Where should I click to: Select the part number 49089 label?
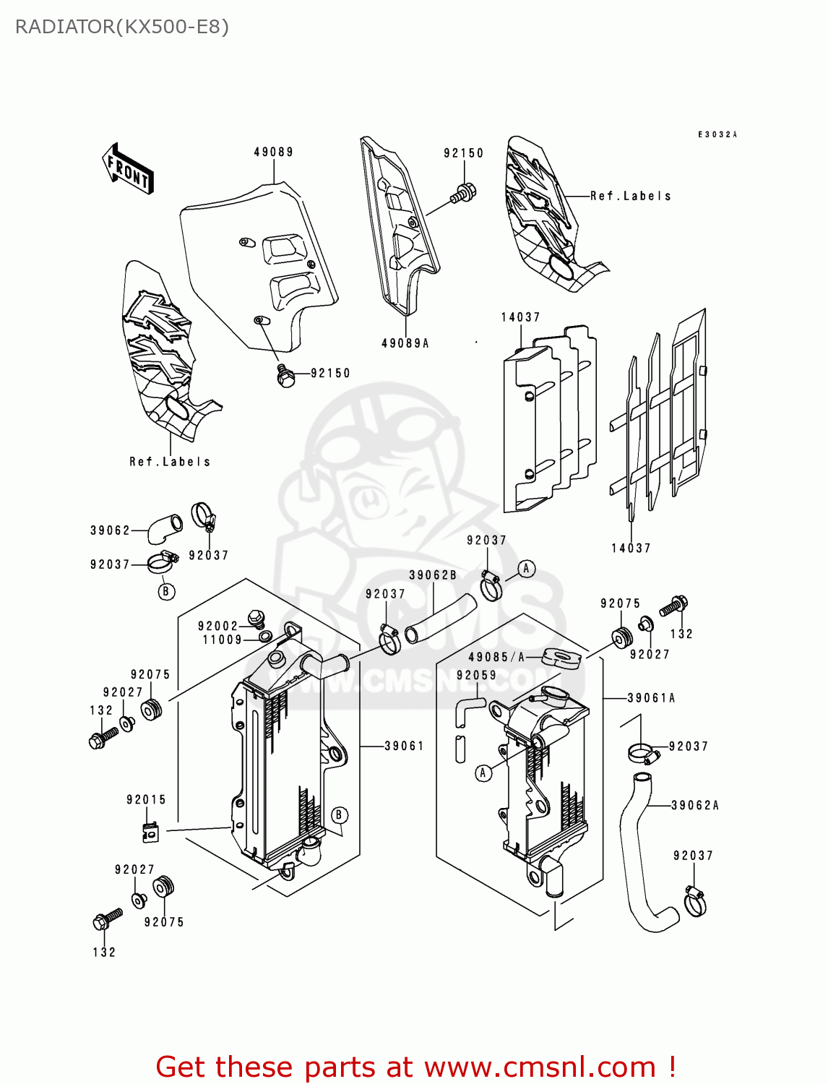(x=273, y=152)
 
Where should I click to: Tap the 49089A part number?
(x=405, y=343)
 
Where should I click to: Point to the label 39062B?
(x=433, y=575)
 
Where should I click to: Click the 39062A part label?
(x=694, y=805)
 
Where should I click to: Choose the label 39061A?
(x=651, y=698)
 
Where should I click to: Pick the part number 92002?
(x=217, y=626)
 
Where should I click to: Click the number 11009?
(x=222, y=640)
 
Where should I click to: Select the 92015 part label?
(x=146, y=799)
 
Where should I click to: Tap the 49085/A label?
(x=497, y=657)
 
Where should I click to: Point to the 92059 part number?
(x=476, y=675)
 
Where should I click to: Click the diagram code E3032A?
(x=717, y=134)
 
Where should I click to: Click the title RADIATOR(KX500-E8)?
(x=122, y=27)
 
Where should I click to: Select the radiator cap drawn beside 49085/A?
(x=561, y=658)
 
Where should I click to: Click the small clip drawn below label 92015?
(x=150, y=832)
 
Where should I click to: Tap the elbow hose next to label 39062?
(x=165, y=528)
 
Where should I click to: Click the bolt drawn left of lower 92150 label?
(x=286, y=376)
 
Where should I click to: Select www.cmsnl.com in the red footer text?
(x=539, y=1067)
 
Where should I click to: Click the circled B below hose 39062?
(x=166, y=591)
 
